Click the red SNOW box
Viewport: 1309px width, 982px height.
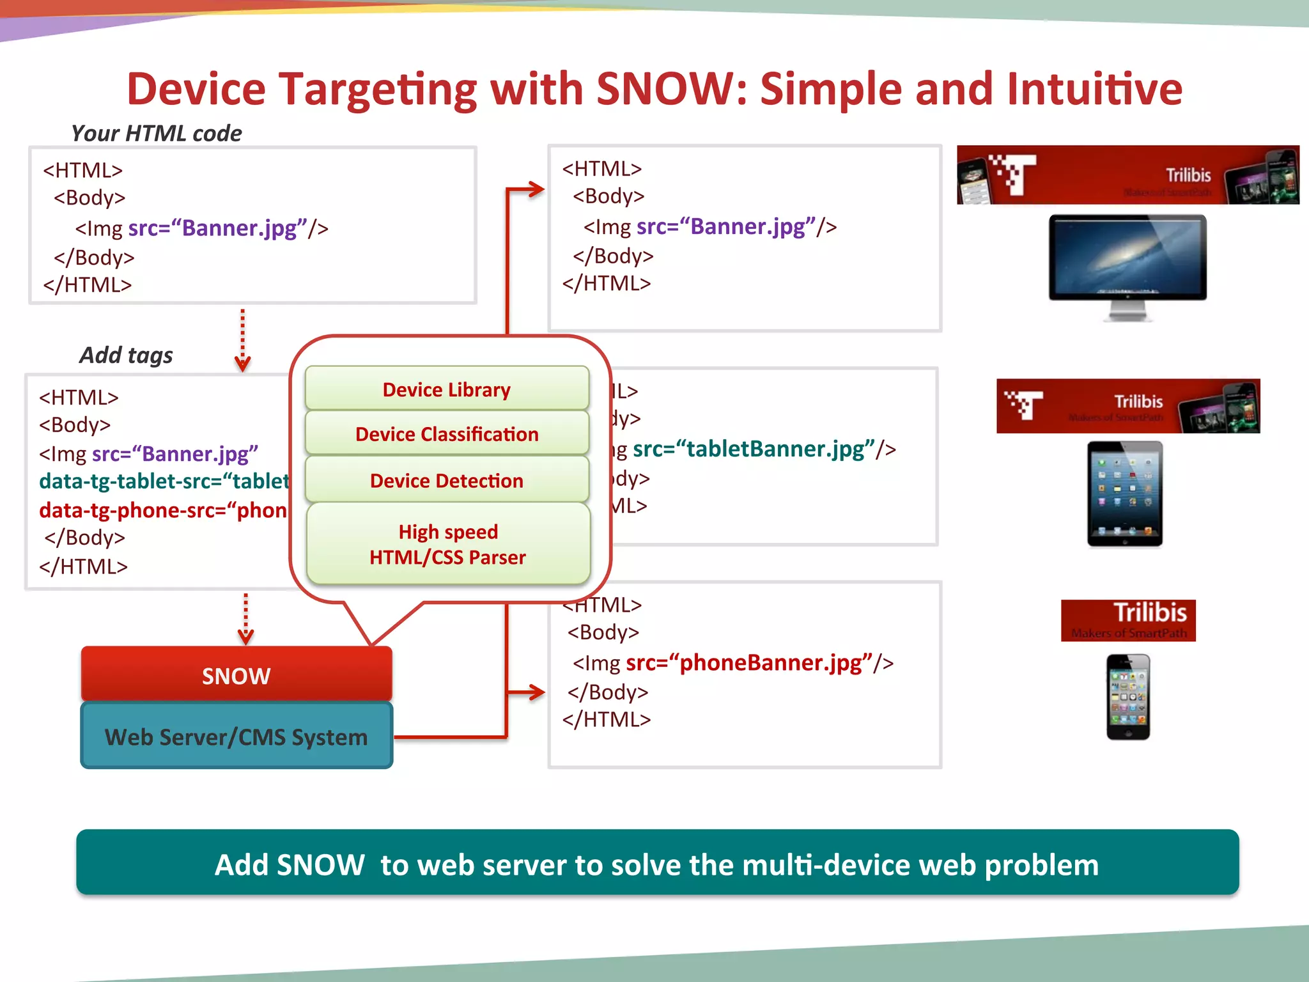[x=236, y=674]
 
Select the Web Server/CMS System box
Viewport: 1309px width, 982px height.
[x=236, y=736]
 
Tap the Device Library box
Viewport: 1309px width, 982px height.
[x=447, y=389]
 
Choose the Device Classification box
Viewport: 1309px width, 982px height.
[x=447, y=433]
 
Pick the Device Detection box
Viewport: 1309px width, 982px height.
[x=447, y=479]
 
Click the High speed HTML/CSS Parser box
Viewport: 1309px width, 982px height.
[x=448, y=543]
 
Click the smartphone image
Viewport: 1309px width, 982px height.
[x=1128, y=697]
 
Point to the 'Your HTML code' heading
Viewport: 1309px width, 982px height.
[x=156, y=133]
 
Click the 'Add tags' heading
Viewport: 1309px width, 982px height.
[x=126, y=355]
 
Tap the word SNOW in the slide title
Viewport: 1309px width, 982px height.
[x=665, y=88]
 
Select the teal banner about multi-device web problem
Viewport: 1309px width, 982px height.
[x=657, y=863]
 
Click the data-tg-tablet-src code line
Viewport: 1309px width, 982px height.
[x=164, y=481]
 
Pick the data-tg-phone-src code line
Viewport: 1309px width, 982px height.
[x=162, y=510]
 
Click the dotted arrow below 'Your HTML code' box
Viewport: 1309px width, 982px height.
[x=242, y=339]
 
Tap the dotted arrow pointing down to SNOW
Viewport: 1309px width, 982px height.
[x=245, y=619]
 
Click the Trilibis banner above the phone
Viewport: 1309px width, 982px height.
[x=1128, y=620]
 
